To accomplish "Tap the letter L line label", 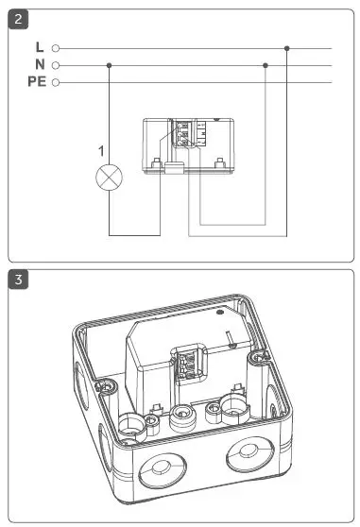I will (39, 47).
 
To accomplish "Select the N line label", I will (39, 65).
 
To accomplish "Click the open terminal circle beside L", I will (57, 47).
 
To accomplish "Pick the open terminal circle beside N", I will (57, 65).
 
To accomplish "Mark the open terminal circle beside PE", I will (57, 83).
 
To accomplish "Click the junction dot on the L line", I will (286, 47).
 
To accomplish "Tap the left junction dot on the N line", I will (110, 65).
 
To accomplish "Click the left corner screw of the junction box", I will (110, 387).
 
